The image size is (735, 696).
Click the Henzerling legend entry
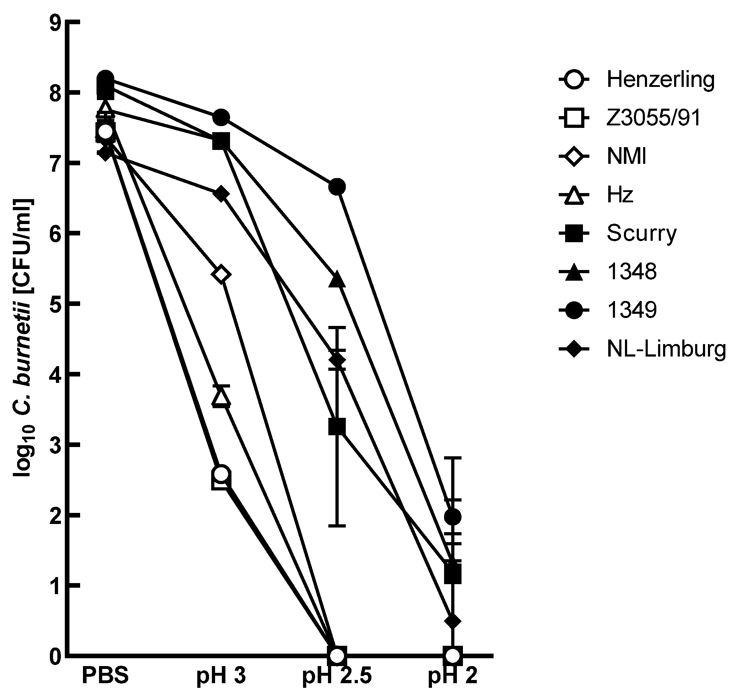(660, 79)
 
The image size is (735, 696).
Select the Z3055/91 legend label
(653, 118)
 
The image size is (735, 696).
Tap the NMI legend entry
(626, 157)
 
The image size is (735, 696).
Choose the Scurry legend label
(642, 233)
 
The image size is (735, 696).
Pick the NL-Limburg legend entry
(666, 349)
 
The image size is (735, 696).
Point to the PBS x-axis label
(105, 675)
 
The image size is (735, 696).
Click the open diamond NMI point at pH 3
(221, 275)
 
